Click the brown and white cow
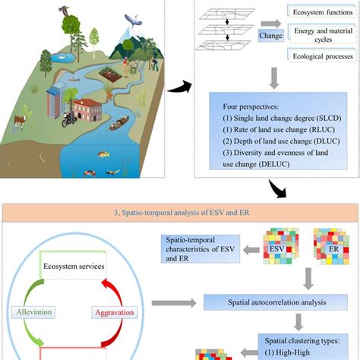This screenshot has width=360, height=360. point(21,121)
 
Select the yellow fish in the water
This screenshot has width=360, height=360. point(103,154)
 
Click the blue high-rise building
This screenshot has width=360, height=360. point(55,100)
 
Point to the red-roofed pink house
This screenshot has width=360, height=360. point(87,109)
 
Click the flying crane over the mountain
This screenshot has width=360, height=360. point(133,20)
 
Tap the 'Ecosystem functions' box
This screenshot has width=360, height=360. point(322,11)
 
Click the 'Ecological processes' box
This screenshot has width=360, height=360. point(322,55)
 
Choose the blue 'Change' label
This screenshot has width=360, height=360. point(270,36)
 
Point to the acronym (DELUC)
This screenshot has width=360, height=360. point(274,164)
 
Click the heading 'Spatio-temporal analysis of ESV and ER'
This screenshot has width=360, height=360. point(182,213)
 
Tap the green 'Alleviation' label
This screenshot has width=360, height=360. point(33,312)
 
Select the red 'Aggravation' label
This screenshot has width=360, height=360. point(115,312)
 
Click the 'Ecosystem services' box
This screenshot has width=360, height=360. point(73,265)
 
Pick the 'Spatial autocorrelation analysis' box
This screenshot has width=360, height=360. point(276,302)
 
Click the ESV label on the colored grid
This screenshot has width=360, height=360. point(277,248)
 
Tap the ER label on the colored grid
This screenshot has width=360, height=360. point(333,249)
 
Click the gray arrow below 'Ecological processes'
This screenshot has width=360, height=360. point(274,78)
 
